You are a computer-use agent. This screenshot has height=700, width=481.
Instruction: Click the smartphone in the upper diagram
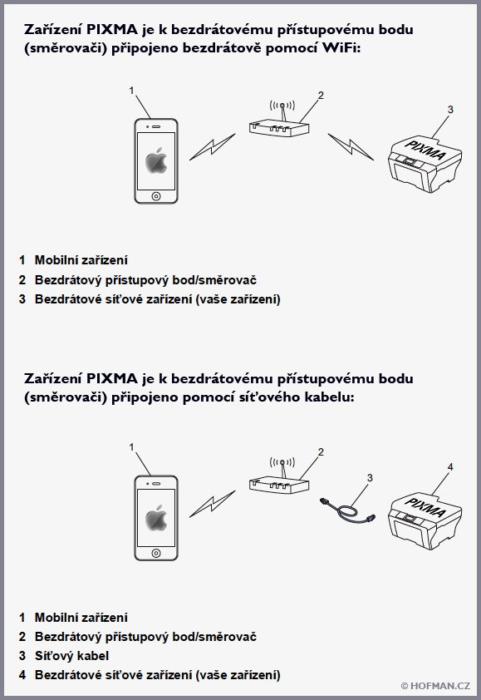click(x=156, y=160)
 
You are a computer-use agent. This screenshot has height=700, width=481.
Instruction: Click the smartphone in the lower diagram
click(x=156, y=518)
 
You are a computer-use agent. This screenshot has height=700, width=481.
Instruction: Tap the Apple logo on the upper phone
click(x=156, y=160)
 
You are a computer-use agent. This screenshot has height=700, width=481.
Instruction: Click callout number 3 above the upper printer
click(x=450, y=110)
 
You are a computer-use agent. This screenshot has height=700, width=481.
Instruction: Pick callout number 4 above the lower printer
click(x=450, y=467)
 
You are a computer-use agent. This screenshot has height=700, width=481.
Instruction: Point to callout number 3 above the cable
click(x=371, y=477)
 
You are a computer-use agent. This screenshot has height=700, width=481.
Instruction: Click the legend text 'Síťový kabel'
click(x=71, y=656)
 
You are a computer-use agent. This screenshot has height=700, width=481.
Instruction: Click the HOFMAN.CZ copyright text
click(x=435, y=686)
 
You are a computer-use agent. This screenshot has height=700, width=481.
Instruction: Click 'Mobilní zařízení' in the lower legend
click(x=81, y=618)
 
